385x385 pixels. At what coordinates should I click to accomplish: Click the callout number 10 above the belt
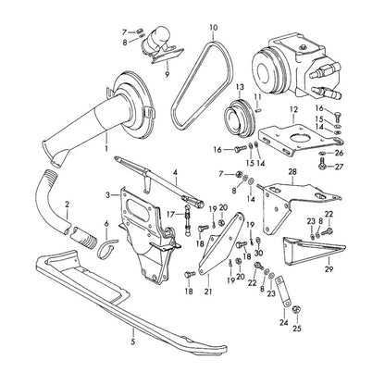coord(214,27)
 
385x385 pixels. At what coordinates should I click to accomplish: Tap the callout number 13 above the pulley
coord(240,87)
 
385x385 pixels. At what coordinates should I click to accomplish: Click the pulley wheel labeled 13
coord(239,118)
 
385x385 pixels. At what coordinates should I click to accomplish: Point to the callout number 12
coord(293,109)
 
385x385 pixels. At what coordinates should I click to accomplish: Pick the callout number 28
coord(292,171)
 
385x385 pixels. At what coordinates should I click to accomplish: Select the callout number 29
coord(329,269)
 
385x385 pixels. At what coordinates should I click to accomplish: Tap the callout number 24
coord(284,323)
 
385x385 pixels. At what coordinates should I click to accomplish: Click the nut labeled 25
coord(296,309)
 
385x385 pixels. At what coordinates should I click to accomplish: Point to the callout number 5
coord(133,342)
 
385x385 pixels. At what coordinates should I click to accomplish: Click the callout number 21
coord(208,291)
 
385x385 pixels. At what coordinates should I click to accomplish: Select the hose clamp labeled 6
coord(106,248)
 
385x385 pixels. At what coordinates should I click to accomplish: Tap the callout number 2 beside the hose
coord(68,204)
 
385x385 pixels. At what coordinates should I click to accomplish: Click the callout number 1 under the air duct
coord(106,148)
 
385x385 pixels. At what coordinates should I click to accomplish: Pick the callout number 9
coord(168,74)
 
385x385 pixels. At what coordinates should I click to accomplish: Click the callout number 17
coord(170,214)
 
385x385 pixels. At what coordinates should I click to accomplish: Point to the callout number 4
coord(175,173)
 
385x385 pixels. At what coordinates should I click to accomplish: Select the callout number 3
coord(107,195)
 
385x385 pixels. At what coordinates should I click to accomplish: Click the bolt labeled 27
coord(321,164)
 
